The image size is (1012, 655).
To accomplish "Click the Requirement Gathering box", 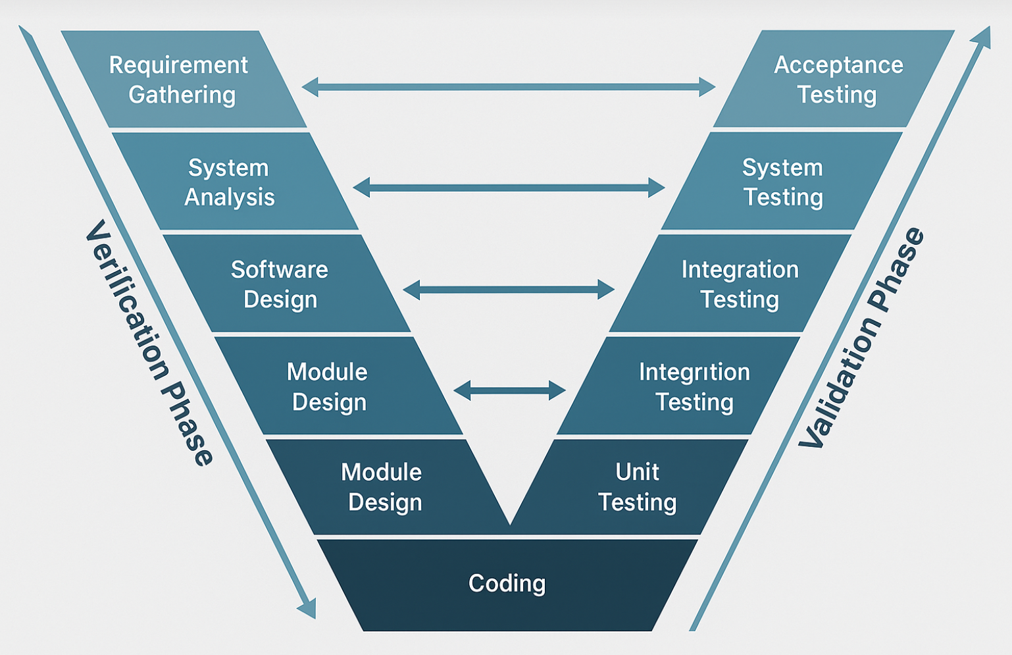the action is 184,79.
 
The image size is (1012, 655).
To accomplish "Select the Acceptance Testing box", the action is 834,79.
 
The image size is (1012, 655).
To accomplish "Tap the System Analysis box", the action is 235,181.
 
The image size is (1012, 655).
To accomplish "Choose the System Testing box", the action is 782,181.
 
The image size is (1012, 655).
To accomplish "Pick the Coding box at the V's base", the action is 507,585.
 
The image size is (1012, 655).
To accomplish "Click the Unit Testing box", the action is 632,487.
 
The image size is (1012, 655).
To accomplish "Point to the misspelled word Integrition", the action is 694,372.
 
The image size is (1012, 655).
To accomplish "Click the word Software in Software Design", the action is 279,269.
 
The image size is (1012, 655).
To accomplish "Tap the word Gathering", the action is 182,95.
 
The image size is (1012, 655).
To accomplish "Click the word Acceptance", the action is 838,65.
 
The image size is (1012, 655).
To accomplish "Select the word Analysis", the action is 230,197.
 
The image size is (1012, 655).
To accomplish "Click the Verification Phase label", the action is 149,342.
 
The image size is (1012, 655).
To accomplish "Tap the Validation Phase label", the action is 861,338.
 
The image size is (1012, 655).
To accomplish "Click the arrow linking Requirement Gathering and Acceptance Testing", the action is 508,87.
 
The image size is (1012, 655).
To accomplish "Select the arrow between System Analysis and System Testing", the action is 508,188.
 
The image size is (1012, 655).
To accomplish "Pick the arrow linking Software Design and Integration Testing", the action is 508,289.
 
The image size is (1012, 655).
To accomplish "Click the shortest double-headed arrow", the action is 509,390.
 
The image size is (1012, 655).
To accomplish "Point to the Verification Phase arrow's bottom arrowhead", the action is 307,608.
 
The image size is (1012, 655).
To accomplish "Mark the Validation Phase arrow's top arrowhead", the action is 981,37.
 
